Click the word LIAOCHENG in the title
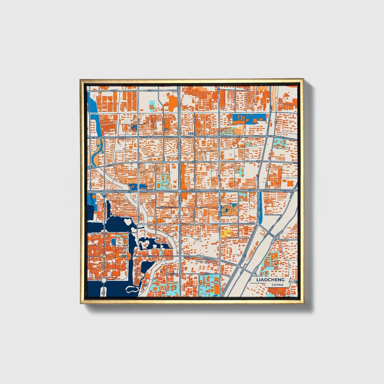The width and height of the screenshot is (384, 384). [270, 280]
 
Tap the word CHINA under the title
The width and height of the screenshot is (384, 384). [277, 285]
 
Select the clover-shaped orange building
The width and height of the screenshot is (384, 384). [289, 183]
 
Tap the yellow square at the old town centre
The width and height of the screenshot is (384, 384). [104, 257]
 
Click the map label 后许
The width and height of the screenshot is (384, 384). [166, 129]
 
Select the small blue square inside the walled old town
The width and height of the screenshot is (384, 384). [114, 241]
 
